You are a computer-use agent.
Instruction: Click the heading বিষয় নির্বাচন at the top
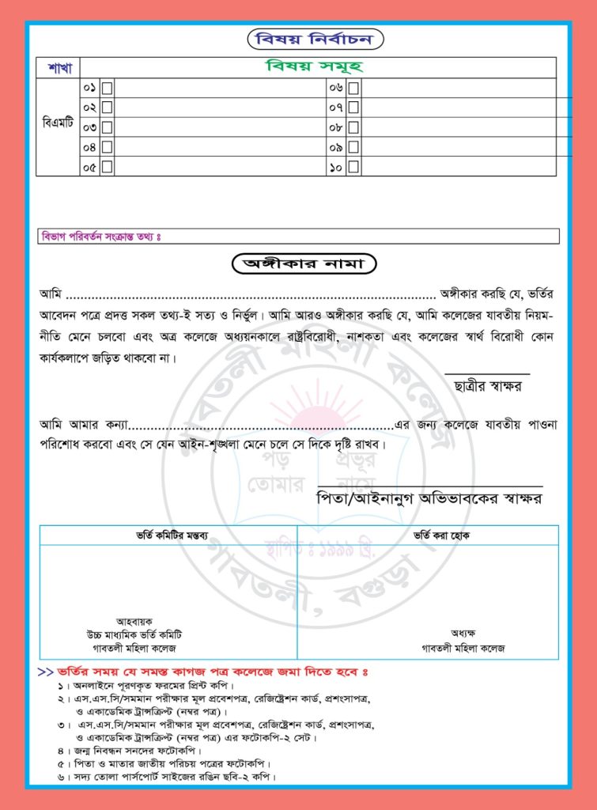(314, 39)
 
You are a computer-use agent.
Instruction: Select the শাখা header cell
(58, 67)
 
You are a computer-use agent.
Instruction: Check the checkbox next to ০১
(107, 87)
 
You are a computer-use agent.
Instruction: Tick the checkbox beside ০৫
(107, 167)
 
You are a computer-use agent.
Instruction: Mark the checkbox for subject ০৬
(353, 87)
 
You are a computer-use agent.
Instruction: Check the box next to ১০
(353, 167)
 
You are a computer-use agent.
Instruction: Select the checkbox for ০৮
(353, 127)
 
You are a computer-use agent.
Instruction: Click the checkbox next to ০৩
(107, 127)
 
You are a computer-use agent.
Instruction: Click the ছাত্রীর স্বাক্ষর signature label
(488, 386)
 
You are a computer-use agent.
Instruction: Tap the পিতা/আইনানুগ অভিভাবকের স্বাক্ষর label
(428, 498)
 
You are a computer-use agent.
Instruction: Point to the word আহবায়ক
(133, 622)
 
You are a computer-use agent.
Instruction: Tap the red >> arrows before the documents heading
(46, 672)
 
